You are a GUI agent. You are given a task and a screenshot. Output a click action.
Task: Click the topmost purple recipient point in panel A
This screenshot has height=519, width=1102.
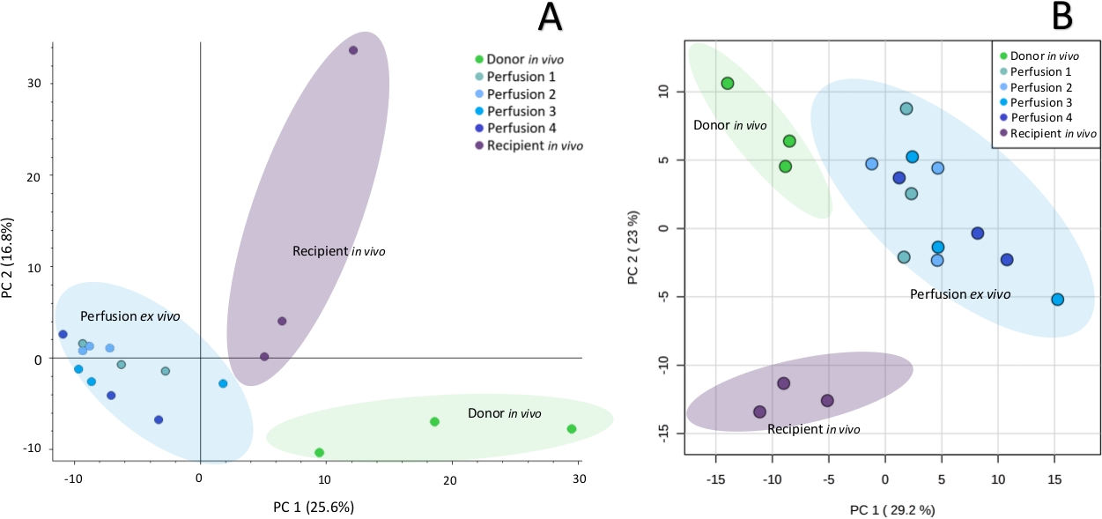(353, 50)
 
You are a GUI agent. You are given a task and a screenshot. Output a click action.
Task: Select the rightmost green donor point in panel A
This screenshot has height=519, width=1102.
(572, 429)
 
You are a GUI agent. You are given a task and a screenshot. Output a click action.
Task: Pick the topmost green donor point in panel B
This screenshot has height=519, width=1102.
(728, 84)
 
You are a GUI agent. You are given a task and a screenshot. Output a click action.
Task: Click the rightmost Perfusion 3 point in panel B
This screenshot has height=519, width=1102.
(1057, 300)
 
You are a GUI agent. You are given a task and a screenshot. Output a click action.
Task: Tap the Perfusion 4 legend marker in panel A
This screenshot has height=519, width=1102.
(478, 129)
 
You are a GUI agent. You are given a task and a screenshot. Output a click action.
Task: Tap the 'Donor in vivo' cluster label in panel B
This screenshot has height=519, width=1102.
(729, 125)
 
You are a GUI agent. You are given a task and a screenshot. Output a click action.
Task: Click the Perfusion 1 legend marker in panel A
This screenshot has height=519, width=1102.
(478, 77)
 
